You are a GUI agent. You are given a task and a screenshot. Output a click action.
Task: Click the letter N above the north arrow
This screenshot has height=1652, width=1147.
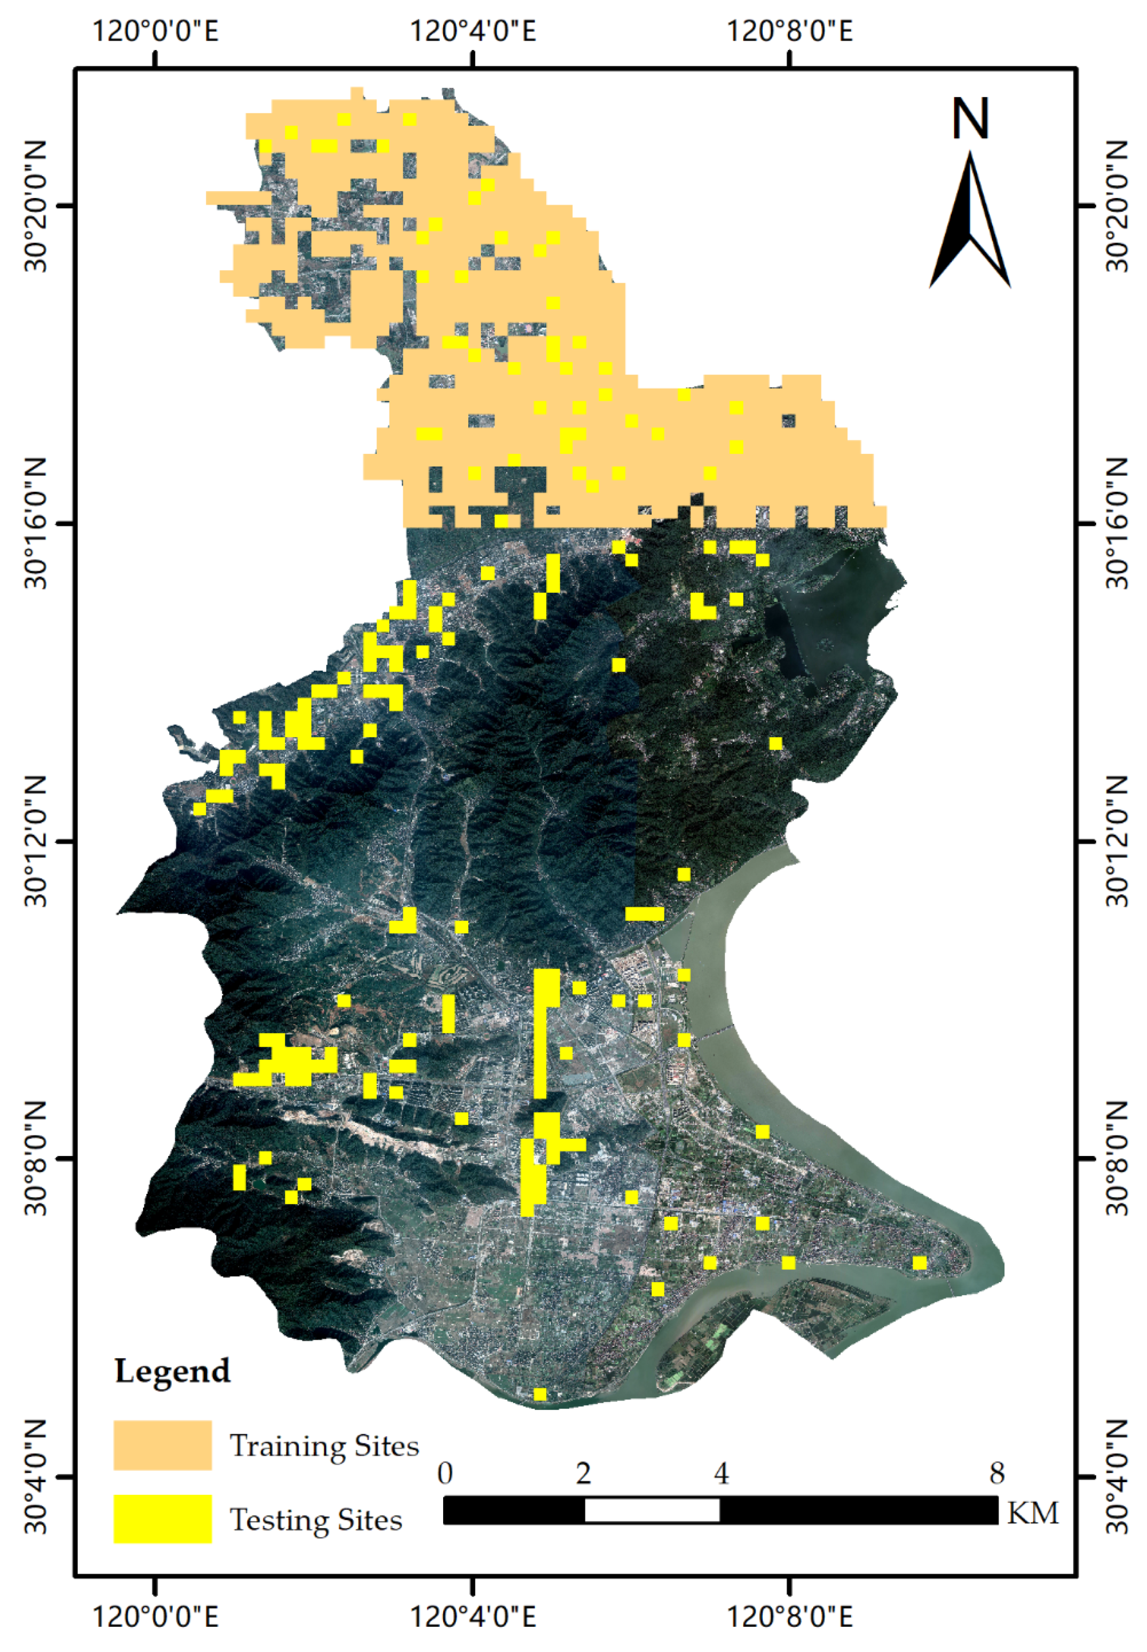[x=970, y=119]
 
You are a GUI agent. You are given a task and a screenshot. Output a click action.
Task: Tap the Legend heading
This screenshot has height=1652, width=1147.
[x=172, y=1371]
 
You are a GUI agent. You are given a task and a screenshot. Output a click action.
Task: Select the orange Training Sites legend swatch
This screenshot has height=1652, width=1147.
[x=162, y=1445]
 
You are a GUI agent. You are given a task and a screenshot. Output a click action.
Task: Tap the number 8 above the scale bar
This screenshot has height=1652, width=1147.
[x=996, y=1474]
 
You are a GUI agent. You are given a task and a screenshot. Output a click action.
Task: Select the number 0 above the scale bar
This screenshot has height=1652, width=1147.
[x=445, y=1474]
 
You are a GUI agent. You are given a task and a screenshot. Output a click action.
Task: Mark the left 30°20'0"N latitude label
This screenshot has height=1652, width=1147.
[x=36, y=206]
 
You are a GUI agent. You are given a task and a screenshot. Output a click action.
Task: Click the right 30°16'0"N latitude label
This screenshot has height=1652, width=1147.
[x=1116, y=524]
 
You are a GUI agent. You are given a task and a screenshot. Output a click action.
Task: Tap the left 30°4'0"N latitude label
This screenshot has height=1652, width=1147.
[x=36, y=1478]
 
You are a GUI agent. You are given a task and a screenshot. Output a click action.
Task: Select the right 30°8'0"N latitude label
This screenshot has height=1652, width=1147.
[x=1116, y=1159]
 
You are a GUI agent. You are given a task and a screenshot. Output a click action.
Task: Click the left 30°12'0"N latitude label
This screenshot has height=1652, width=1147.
[x=36, y=841]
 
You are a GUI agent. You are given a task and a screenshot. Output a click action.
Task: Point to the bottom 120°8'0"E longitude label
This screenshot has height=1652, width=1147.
[x=791, y=1613]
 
